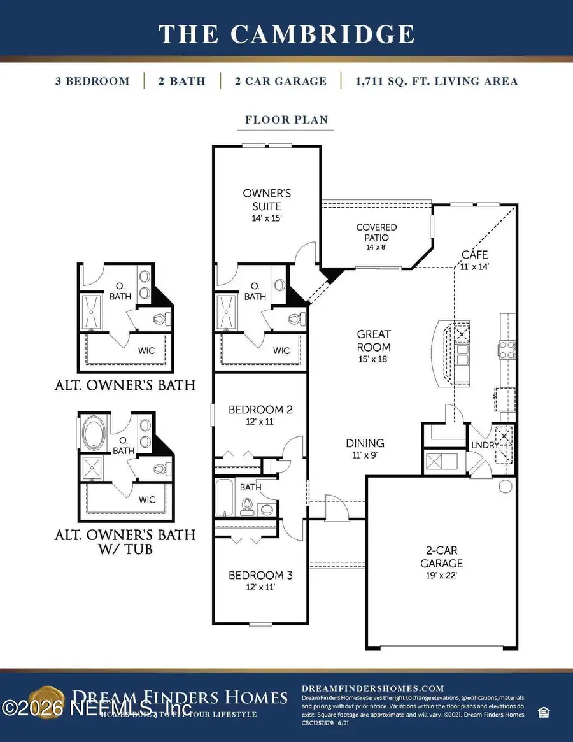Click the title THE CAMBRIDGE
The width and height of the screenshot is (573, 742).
(286, 33)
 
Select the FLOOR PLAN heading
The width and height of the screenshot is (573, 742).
(286, 119)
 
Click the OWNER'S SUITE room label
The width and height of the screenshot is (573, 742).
(262, 200)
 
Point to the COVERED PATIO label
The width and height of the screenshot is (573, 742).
(376, 232)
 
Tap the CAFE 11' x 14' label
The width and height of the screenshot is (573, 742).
(474, 260)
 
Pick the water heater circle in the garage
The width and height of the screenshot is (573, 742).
(506, 487)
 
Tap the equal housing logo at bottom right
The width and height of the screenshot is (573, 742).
(544, 711)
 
